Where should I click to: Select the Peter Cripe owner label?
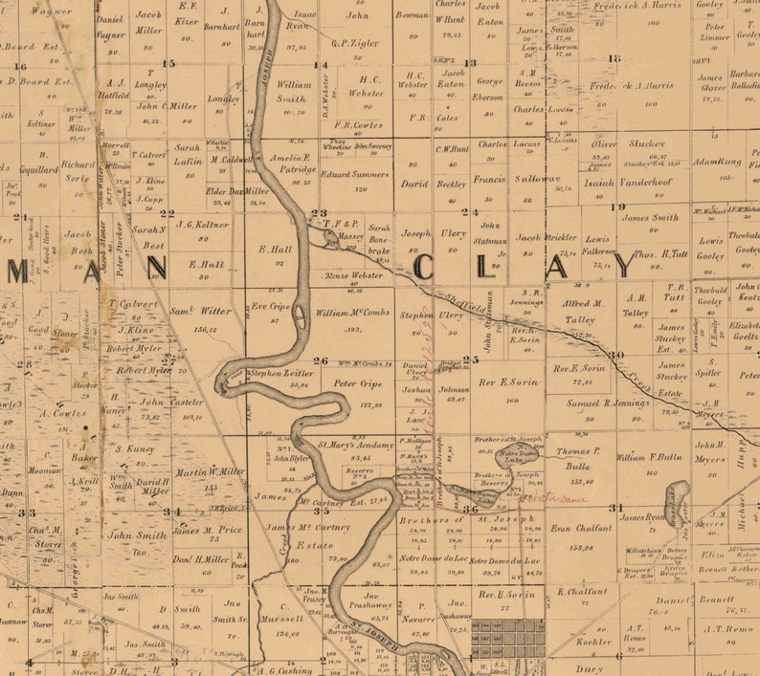351,383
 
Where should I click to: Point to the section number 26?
322,360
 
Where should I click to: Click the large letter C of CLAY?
425,267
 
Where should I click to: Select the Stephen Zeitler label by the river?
279,373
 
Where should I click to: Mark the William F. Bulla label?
651,457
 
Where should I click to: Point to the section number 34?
171,512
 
